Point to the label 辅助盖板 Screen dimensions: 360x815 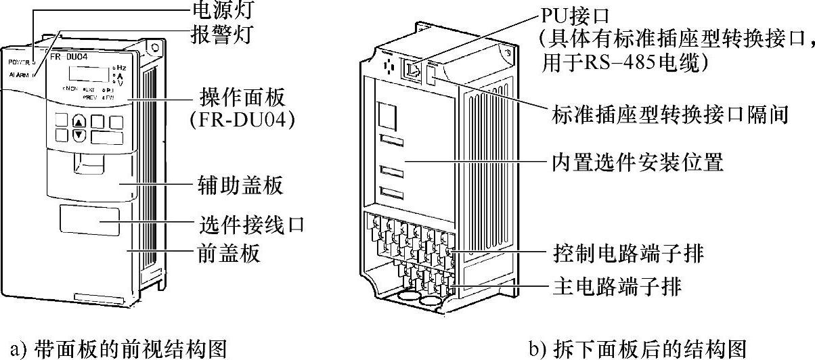point(231,184)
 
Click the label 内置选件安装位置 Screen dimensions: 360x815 point(636,163)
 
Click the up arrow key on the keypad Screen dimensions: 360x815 point(80,122)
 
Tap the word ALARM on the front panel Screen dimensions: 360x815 point(20,76)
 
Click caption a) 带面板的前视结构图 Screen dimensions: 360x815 point(113,348)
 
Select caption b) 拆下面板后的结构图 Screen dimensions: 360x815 point(637,348)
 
